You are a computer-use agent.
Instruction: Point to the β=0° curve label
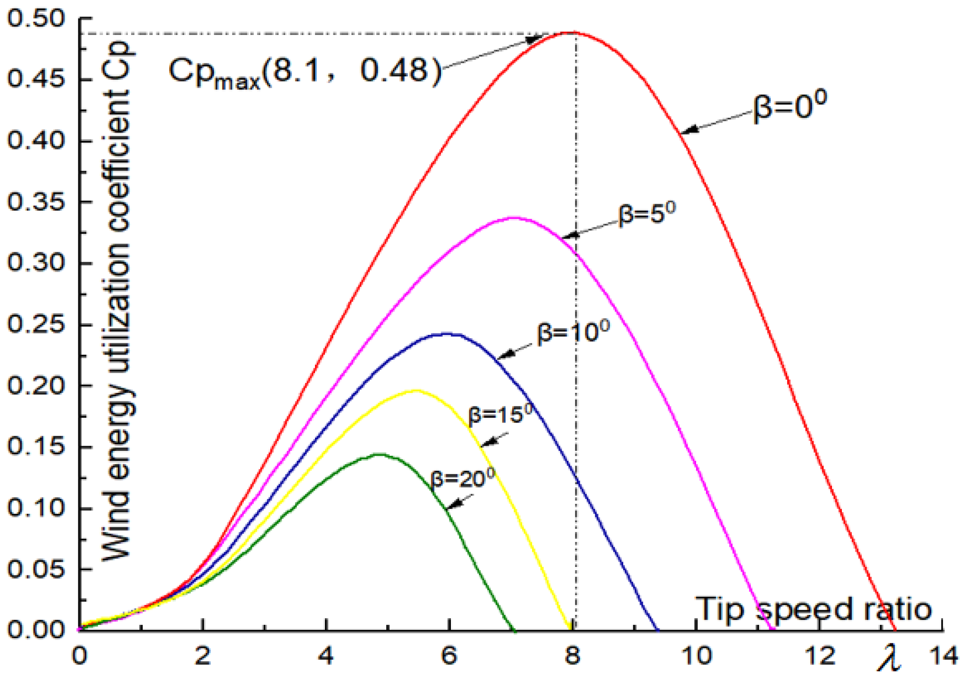pos(789,107)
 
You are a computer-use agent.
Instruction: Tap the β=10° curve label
pos(573,332)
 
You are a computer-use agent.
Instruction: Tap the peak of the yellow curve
pos(416,390)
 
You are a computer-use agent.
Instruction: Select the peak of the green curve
pos(380,454)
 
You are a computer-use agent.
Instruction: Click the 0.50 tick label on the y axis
pos(36,19)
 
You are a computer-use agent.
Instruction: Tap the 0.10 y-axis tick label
pos(36,508)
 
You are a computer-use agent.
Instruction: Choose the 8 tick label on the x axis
pos(572,656)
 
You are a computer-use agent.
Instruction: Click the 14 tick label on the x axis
pos(944,656)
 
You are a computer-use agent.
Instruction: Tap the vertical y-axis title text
pos(116,302)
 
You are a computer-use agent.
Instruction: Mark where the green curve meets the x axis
pos(514,630)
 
